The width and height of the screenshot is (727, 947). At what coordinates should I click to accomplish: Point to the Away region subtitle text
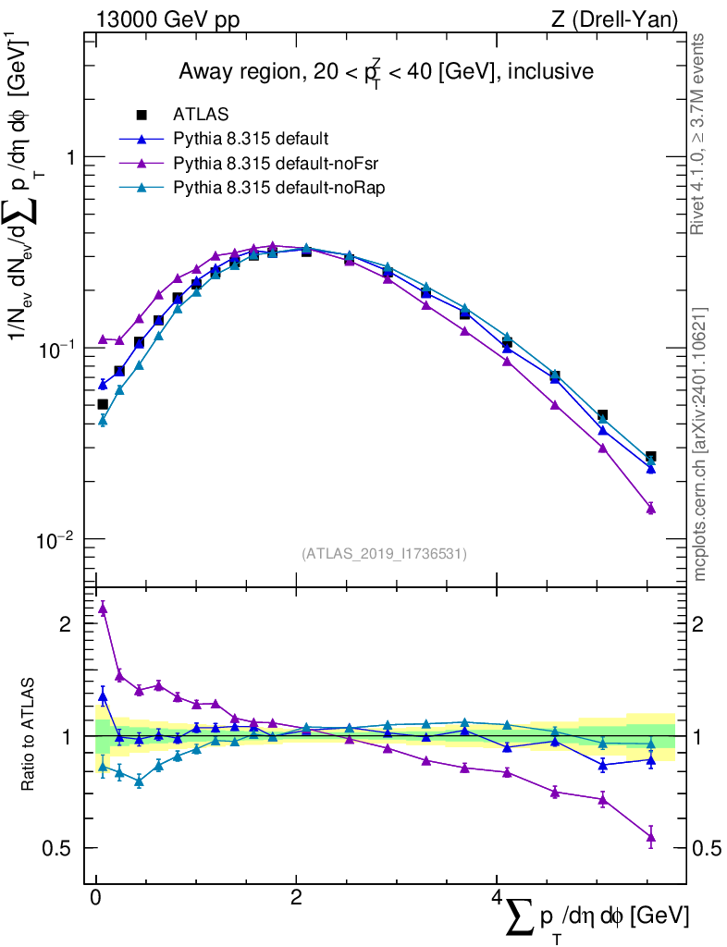tap(386, 71)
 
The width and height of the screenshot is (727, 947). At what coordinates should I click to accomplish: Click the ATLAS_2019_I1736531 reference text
tap(384, 554)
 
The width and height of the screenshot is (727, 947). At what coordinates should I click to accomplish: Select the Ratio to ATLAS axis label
tap(29, 735)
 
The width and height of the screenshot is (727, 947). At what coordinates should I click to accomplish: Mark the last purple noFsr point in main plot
tap(650, 508)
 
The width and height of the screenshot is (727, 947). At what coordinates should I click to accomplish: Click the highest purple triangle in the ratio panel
tap(103, 608)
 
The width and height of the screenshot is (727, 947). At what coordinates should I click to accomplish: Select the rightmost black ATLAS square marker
tap(650, 457)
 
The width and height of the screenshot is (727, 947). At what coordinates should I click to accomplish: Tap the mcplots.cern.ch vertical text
tap(701, 444)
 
